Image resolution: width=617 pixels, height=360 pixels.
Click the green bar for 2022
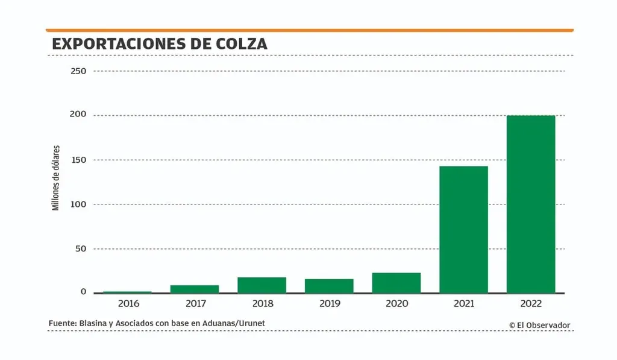[x=530, y=204]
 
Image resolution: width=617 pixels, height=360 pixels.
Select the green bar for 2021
[x=463, y=229]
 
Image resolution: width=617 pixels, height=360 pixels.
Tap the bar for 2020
[x=396, y=283]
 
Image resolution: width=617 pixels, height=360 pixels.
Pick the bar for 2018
[x=262, y=285]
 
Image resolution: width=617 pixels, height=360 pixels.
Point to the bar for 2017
[x=194, y=289]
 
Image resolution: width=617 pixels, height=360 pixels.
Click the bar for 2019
[x=328, y=286]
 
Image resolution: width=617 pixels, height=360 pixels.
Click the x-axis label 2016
[x=128, y=303]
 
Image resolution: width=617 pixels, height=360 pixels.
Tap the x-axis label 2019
[x=329, y=303]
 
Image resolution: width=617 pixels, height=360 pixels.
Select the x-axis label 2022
[x=530, y=303]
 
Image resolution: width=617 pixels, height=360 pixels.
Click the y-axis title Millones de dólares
[x=56, y=177]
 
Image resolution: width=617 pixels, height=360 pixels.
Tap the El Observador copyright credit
[x=539, y=325]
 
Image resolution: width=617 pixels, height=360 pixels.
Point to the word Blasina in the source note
[x=93, y=324]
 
